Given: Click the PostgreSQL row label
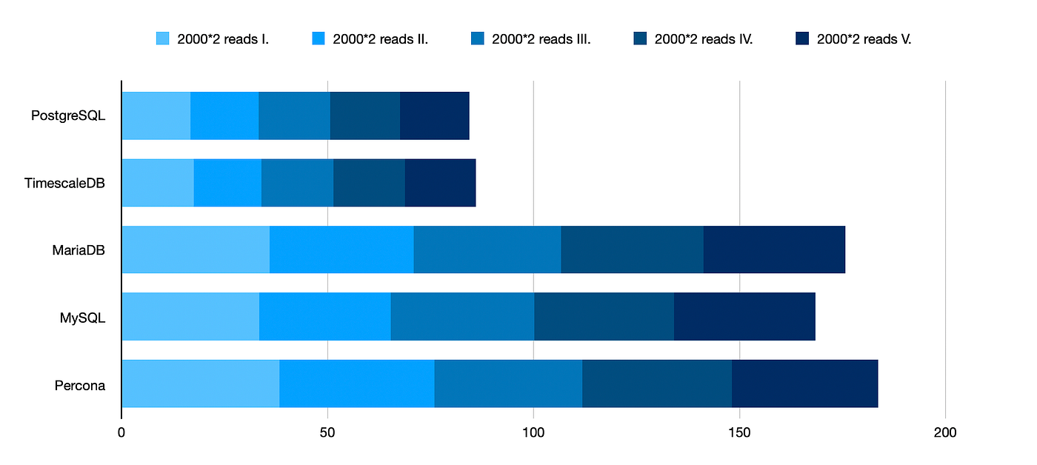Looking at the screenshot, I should pyautogui.click(x=68, y=116).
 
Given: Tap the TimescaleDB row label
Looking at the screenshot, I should pyautogui.click(x=64, y=182).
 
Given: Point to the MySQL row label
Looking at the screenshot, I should pyautogui.click(x=82, y=317).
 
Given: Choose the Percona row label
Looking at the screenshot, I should pyautogui.click(x=79, y=385).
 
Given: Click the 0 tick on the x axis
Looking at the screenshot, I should pyautogui.click(x=121, y=432).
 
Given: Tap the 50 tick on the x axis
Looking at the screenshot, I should pyautogui.click(x=327, y=432).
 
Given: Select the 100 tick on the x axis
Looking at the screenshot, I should pyautogui.click(x=533, y=432).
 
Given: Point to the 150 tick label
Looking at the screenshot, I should pyautogui.click(x=739, y=432).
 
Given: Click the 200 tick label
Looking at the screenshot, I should pyautogui.click(x=945, y=432).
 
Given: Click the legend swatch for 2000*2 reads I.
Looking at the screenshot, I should pyautogui.click(x=162, y=39).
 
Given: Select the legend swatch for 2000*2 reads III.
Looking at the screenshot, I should pyautogui.click(x=478, y=39).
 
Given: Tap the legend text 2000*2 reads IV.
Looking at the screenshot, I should pyautogui.click(x=703, y=39).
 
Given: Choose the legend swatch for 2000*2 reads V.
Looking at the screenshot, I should pyautogui.click(x=802, y=39).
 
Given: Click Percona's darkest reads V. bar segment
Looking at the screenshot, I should pyautogui.click(x=804, y=384).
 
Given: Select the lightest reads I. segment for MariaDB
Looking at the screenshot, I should pyautogui.click(x=196, y=250).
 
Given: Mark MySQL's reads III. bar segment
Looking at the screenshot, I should pyautogui.click(x=462, y=316).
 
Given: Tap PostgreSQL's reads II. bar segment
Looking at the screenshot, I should pyautogui.click(x=224, y=116).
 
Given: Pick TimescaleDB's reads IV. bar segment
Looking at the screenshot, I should pyautogui.click(x=369, y=182).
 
